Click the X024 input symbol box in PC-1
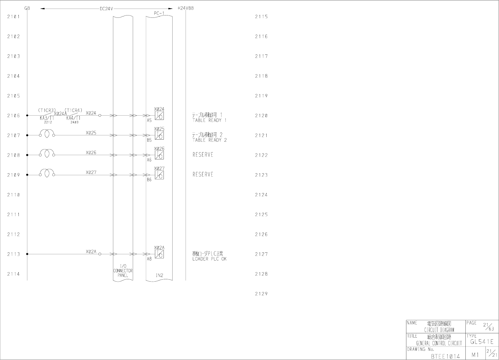160,116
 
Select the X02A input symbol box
160,254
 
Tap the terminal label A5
149,121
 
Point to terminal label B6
149,180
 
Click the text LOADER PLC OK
209,259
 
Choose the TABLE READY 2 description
209,140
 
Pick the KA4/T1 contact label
73,118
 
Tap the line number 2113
14,254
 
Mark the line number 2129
261,294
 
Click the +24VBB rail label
185,8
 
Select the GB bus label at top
27,8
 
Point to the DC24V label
106,9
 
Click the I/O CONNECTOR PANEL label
123,270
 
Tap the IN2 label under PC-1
160,275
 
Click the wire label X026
91,153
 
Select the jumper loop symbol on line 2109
47,173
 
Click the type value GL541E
482,342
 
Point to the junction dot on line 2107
27,135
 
